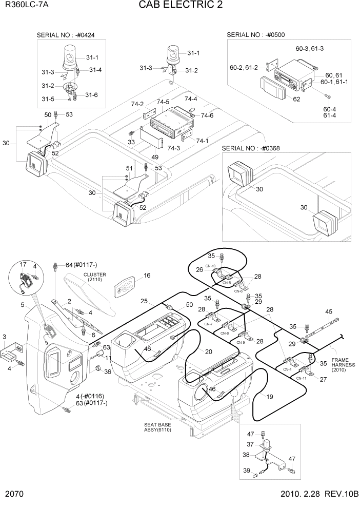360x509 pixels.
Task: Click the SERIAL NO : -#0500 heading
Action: [255, 35]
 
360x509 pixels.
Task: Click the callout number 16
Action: [147, 276]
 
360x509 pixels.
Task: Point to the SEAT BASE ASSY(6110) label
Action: [157, 428]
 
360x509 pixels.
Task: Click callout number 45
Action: [329, 311]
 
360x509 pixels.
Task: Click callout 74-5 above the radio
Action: [163, 102]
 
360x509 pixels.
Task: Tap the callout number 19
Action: [269, 397]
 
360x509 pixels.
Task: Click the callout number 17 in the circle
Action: [23, 264]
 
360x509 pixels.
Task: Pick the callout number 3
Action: [5, 337]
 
